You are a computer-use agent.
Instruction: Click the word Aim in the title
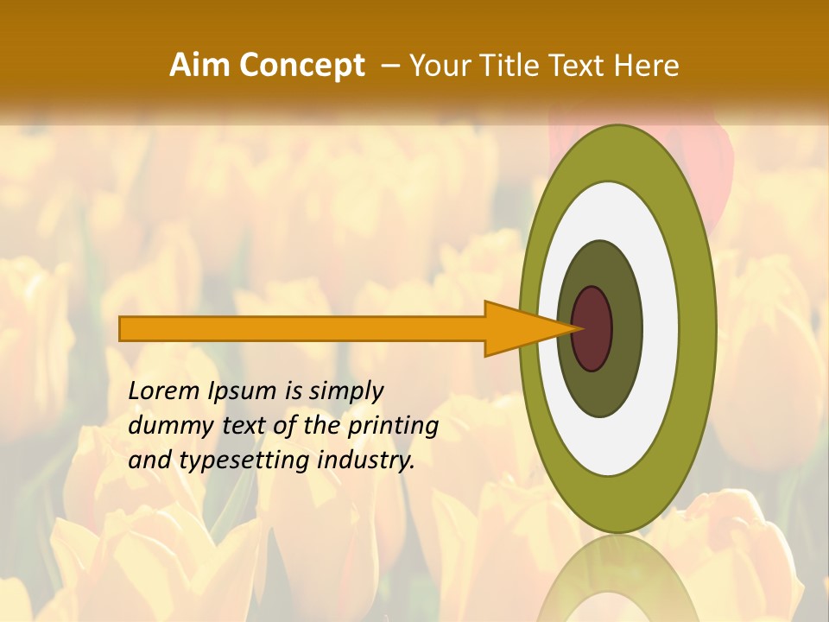(x=201, y=66)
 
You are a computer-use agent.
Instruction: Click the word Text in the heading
(x=579, y=66)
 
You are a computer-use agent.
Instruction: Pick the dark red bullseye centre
(x=592, y=329)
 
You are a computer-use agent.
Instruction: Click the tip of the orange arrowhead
(x=578, y=328)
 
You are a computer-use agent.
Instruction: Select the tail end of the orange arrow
(x=122, y=328)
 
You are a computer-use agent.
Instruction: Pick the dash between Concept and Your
(x=389, y=66)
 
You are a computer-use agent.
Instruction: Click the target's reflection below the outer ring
(x=617, y=579)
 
